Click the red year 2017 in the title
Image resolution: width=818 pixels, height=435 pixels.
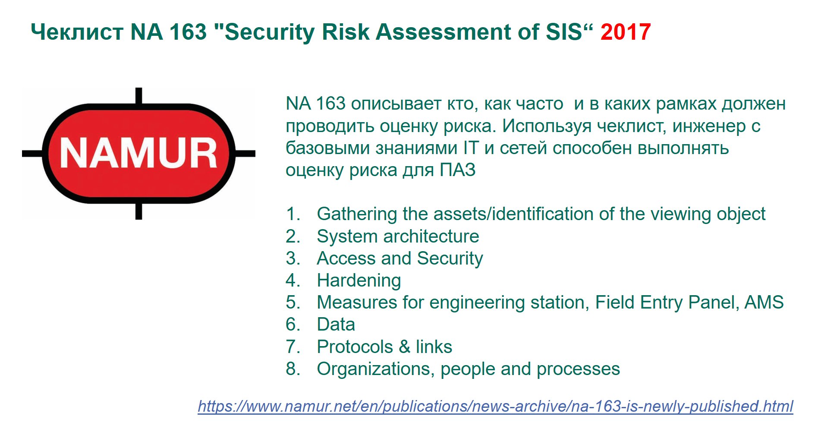(x=625, y=32)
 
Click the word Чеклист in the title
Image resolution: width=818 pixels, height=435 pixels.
(x=77, y=32)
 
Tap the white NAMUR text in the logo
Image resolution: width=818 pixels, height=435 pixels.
(x=138, y=153)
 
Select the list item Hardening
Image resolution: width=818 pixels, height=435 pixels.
(x=359, y=281)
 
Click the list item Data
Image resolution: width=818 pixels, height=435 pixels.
(x=336, y=325)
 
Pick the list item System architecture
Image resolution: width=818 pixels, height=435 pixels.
(x=398, y=236)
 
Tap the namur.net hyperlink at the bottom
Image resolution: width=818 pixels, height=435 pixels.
(x=495, y=407)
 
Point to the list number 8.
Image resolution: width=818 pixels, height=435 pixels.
(x=293, y=369)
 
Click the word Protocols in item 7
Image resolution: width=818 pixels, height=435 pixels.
(x=355, y=347)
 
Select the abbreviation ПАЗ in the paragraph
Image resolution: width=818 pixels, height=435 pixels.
(x=457, y=170)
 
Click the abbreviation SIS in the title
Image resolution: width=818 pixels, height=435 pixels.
(x=564, y=32)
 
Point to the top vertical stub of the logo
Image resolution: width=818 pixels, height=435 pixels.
(x=138, y=96)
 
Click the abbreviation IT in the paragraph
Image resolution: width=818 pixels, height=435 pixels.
(x=471, y=148)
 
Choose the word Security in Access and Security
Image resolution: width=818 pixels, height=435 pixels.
(x=450, y=258)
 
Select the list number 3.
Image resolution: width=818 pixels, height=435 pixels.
(x=293, y=258)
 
